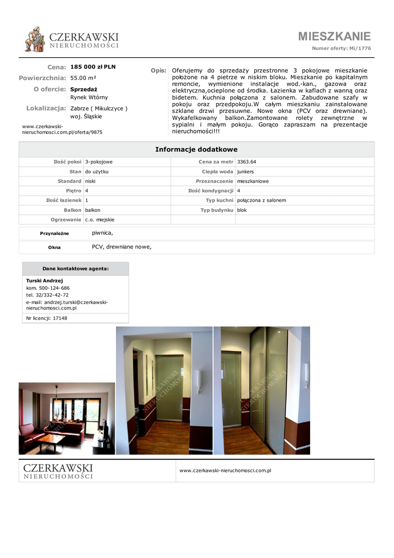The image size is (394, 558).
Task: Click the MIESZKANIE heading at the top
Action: [334, 37]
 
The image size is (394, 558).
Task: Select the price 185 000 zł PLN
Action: [93, 67]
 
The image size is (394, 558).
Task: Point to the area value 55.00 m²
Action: [83, 78]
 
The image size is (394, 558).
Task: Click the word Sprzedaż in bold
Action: [84, 88]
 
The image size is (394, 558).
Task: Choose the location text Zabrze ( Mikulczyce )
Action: [99, 108]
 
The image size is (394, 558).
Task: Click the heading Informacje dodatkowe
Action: [196, 149]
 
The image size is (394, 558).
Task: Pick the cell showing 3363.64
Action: [247, 162]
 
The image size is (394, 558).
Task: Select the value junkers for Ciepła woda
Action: [245, 172]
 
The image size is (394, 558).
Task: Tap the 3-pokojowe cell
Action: [98, 162]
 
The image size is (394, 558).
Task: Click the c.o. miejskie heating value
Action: [100, 220]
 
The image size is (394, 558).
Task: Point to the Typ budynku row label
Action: [217, 210]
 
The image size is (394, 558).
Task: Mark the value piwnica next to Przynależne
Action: [102, 233]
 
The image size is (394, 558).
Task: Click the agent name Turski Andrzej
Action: [45, 281]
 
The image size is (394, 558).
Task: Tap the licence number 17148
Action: [60, 318]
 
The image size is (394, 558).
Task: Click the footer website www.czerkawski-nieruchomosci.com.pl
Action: [225, 470]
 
